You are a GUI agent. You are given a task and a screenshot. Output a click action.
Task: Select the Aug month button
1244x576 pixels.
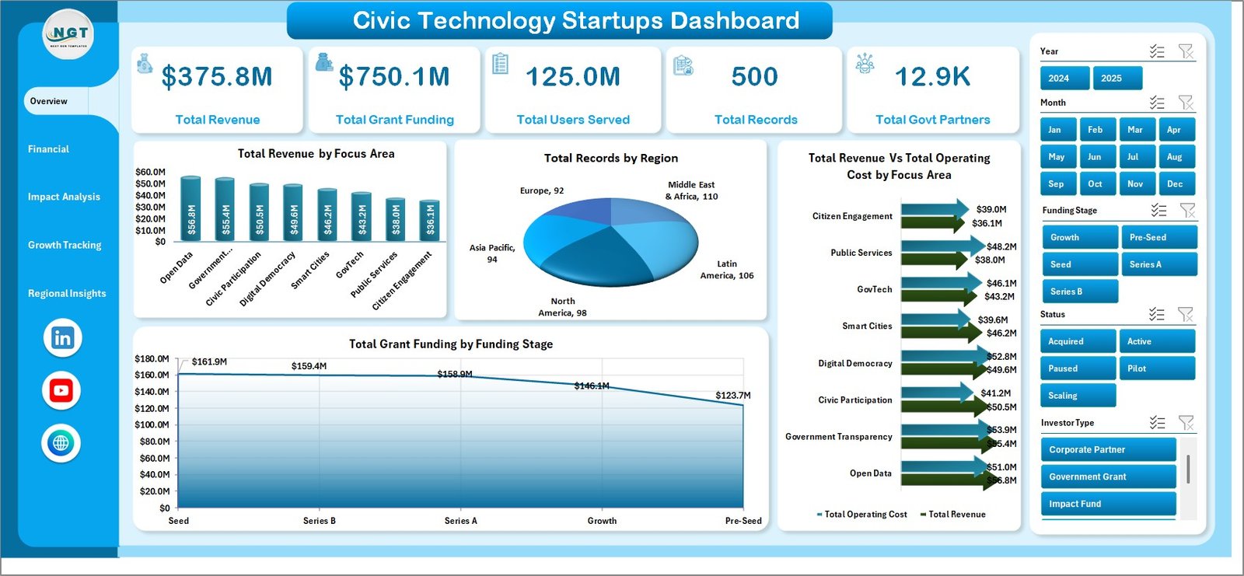point(1175,157)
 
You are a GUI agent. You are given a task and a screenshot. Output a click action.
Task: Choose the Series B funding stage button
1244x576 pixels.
point(1079,291)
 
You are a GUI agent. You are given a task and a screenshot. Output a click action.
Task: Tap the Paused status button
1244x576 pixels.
point(1077,368)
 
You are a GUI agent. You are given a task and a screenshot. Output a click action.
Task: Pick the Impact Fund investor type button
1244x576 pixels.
point(1108,504)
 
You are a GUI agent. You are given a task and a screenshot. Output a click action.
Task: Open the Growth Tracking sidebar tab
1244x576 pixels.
point(65,245)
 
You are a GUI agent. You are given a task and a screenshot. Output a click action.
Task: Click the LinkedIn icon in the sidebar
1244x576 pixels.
point(62,338)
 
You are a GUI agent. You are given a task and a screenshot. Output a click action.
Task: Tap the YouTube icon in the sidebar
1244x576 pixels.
point(61,390)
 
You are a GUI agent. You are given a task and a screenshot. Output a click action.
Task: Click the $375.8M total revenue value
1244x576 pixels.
point(217,77)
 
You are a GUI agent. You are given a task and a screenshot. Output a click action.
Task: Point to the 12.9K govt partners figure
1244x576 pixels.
point(932,77)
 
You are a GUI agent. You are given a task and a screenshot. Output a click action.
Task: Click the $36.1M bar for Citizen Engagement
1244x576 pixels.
point(429,220)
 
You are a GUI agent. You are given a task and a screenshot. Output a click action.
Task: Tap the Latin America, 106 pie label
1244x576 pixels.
point(727,270)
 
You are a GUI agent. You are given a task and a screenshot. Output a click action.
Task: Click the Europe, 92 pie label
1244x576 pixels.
point(542,190)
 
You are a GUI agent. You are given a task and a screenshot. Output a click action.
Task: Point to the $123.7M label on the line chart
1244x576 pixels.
point(733,396)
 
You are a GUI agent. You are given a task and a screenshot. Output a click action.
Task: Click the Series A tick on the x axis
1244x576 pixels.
point(460,521)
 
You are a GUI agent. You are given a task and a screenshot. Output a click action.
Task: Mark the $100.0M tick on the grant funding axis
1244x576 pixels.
point(152,424)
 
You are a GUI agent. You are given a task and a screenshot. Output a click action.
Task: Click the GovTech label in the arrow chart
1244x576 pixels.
point(875,289)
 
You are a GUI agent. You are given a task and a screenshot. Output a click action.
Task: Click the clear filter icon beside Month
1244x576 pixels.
point(1185,103)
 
